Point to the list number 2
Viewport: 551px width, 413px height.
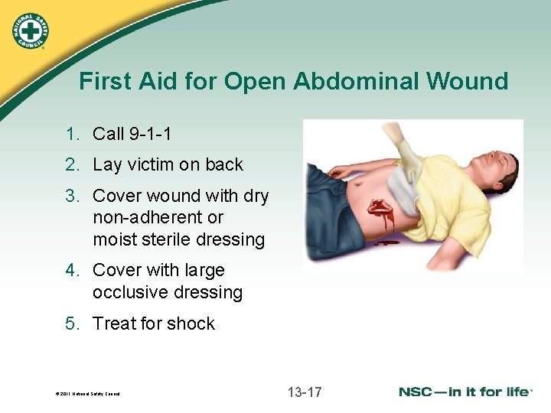tap(72, 164)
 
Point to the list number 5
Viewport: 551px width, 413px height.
tap(72, 324)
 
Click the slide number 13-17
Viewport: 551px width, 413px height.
tap(305, 392)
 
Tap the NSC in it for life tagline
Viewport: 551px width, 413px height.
tap(465, 392)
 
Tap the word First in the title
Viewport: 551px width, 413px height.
tap(101, 82)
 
